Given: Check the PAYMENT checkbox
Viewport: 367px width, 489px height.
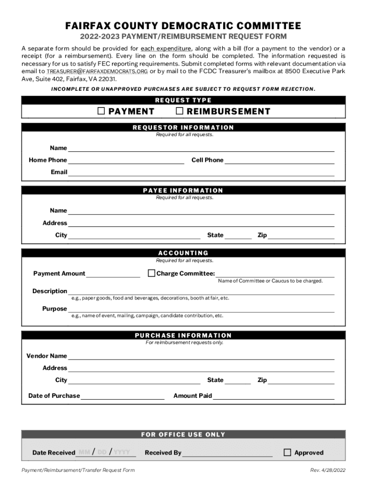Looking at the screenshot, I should pyautogui.click(x=101, y=111).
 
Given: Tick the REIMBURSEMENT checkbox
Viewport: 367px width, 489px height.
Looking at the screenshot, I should pyautogui.click(x=180, y=111).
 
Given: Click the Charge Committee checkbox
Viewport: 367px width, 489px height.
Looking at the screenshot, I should pyautogui.click(x=152, y=274).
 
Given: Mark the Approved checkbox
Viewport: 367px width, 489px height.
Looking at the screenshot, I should pyautogui.click(x=287, y=452).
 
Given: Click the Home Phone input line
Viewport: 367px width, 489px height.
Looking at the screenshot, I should pyautogui.click(x=126, y=160).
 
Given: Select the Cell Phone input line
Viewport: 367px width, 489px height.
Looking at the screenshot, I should pyautogui.click(x=279, y=160).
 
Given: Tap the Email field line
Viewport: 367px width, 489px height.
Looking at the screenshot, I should pyautogui.click(x=201, y=172).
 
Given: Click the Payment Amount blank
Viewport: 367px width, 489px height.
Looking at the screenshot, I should pyautogui.click(x=113, y=274).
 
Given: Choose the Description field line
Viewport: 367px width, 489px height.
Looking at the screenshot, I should pyautogui.click(x=201, y=291).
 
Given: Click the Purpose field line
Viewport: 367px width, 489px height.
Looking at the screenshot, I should pyautogui.click(x=201, y=309).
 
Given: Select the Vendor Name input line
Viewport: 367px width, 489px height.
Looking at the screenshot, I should pyautogui.click(x=201, y=356).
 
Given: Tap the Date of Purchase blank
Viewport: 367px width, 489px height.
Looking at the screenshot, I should pyautogui.click(x=122, y=396).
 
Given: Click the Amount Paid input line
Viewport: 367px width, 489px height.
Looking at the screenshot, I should pyautogui.click(x=274, y=396).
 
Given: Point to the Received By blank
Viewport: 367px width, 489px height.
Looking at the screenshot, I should pyautogui.click(x=227, y=453).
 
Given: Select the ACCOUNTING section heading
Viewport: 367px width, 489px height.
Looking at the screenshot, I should pyautogui.click(x=183, y=253).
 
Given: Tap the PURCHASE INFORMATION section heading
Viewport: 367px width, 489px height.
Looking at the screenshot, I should pyautogui.click(x=183, y=335).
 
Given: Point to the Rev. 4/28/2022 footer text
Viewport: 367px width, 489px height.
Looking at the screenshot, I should pyautogui.click(x=327, y=470).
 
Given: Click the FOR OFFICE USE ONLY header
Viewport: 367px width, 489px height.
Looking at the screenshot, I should pyautogui.click(x=183, y=435).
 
